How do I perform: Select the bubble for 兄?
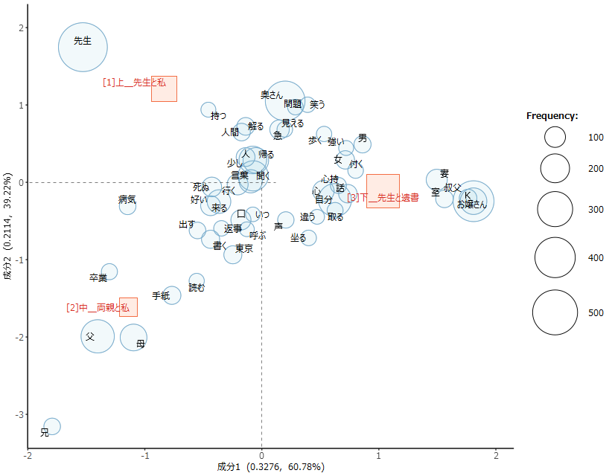(52, 426)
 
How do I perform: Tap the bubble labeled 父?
(98, 336)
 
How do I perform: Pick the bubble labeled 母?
(134, 337)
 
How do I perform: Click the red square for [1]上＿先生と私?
(164, 89)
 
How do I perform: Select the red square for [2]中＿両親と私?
(128, 307)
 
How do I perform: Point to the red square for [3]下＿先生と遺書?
(383, 191)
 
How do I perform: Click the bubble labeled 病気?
(128, 206)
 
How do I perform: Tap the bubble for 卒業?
(109, 271)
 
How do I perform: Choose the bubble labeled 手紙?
(172, 295)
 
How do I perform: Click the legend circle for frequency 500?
(555, 312)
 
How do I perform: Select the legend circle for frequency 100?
(555, 137)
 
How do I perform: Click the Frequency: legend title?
(552, 115)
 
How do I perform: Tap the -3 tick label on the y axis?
(20, 414)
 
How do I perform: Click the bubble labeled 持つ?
(208, 110)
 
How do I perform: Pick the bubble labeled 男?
(363, 144)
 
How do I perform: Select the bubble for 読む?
(197, 280)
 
